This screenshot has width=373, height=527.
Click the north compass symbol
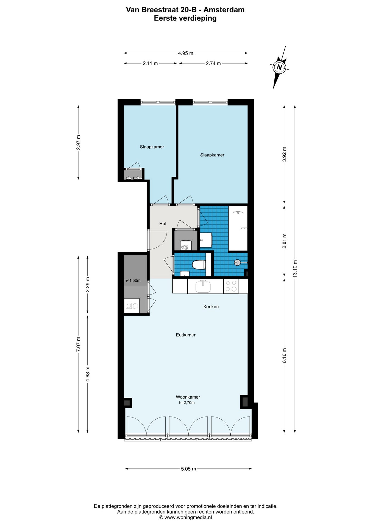click(x=279, y=67)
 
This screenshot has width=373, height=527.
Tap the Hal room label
click(x=163, y=224)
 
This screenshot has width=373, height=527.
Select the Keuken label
click(x=211, y=307)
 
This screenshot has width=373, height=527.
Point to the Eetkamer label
click(x=186, y=335)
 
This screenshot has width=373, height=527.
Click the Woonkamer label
click(x=188, y=397)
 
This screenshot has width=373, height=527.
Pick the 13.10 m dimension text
click(x=295, y=268)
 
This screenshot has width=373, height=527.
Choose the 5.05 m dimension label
click(x=188, y=469)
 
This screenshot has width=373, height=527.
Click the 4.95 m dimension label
click(x=186, y=53)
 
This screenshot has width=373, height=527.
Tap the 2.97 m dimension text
click(x=79, y=142)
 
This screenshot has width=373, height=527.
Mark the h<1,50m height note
click(x=132, y=281)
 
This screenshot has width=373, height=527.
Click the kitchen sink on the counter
click(x=203, y=286)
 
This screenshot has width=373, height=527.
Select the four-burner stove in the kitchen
click(x=231, y=286)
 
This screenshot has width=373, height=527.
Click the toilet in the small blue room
click(x=199, y=265)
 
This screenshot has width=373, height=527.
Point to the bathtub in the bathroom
click(x=238, y=228)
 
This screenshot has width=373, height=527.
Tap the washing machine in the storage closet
click(x=132, y=305)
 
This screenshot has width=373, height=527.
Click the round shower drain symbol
click(x=237, y=263)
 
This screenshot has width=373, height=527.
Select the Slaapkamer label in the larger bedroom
click(x=212, y=155)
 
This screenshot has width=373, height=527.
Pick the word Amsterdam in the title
click(x=224, y=10)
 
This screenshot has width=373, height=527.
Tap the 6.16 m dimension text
click(x=285, y=355)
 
